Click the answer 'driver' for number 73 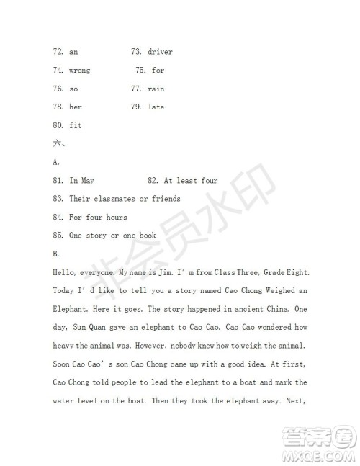[x=160, y=52]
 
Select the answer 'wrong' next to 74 [x=80, y=71]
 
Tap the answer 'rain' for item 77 [x=156, y=89]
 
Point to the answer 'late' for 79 [x=156, y=107]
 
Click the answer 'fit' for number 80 [x=76, y=125]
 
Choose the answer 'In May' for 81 [x=81, y=181]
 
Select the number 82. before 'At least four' [x=153, y=181]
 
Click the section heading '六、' [x=58, y=144]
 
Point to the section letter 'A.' [x=56, y=163]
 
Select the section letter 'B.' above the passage [x=56, y=254]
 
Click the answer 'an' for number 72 [x=73, y=52]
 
